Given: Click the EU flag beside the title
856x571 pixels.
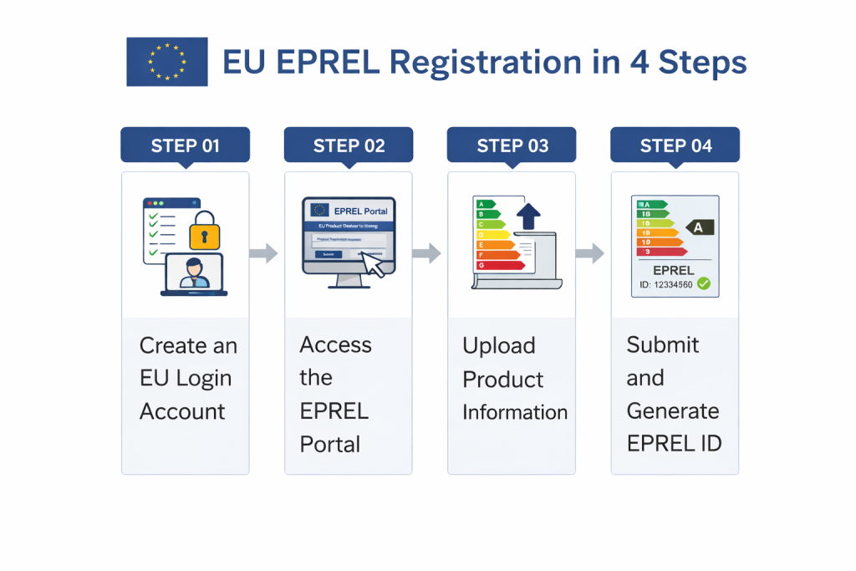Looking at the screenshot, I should tap(167, 62).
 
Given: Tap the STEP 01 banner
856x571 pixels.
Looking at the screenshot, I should tap(185, 145).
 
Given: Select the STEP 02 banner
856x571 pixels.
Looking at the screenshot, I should tap(349, 145).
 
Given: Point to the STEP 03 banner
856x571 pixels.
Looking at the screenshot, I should tap(512, 145).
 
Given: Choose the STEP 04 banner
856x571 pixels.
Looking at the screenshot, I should tap(675, 145).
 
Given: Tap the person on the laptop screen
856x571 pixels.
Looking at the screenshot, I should tap(195, 273).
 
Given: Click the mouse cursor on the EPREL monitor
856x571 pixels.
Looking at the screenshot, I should tap(373, 264).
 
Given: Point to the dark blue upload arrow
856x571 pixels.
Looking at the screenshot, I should tap(528, 217).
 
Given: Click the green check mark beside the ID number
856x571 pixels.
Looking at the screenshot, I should tap(703, 284).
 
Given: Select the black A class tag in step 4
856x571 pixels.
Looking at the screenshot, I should tap(699, 227).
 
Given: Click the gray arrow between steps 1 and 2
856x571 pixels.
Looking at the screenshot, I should tap(265, 253).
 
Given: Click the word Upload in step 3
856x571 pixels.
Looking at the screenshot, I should tap(499, 346).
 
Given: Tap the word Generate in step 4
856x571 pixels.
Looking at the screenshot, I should tap(672, 410).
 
